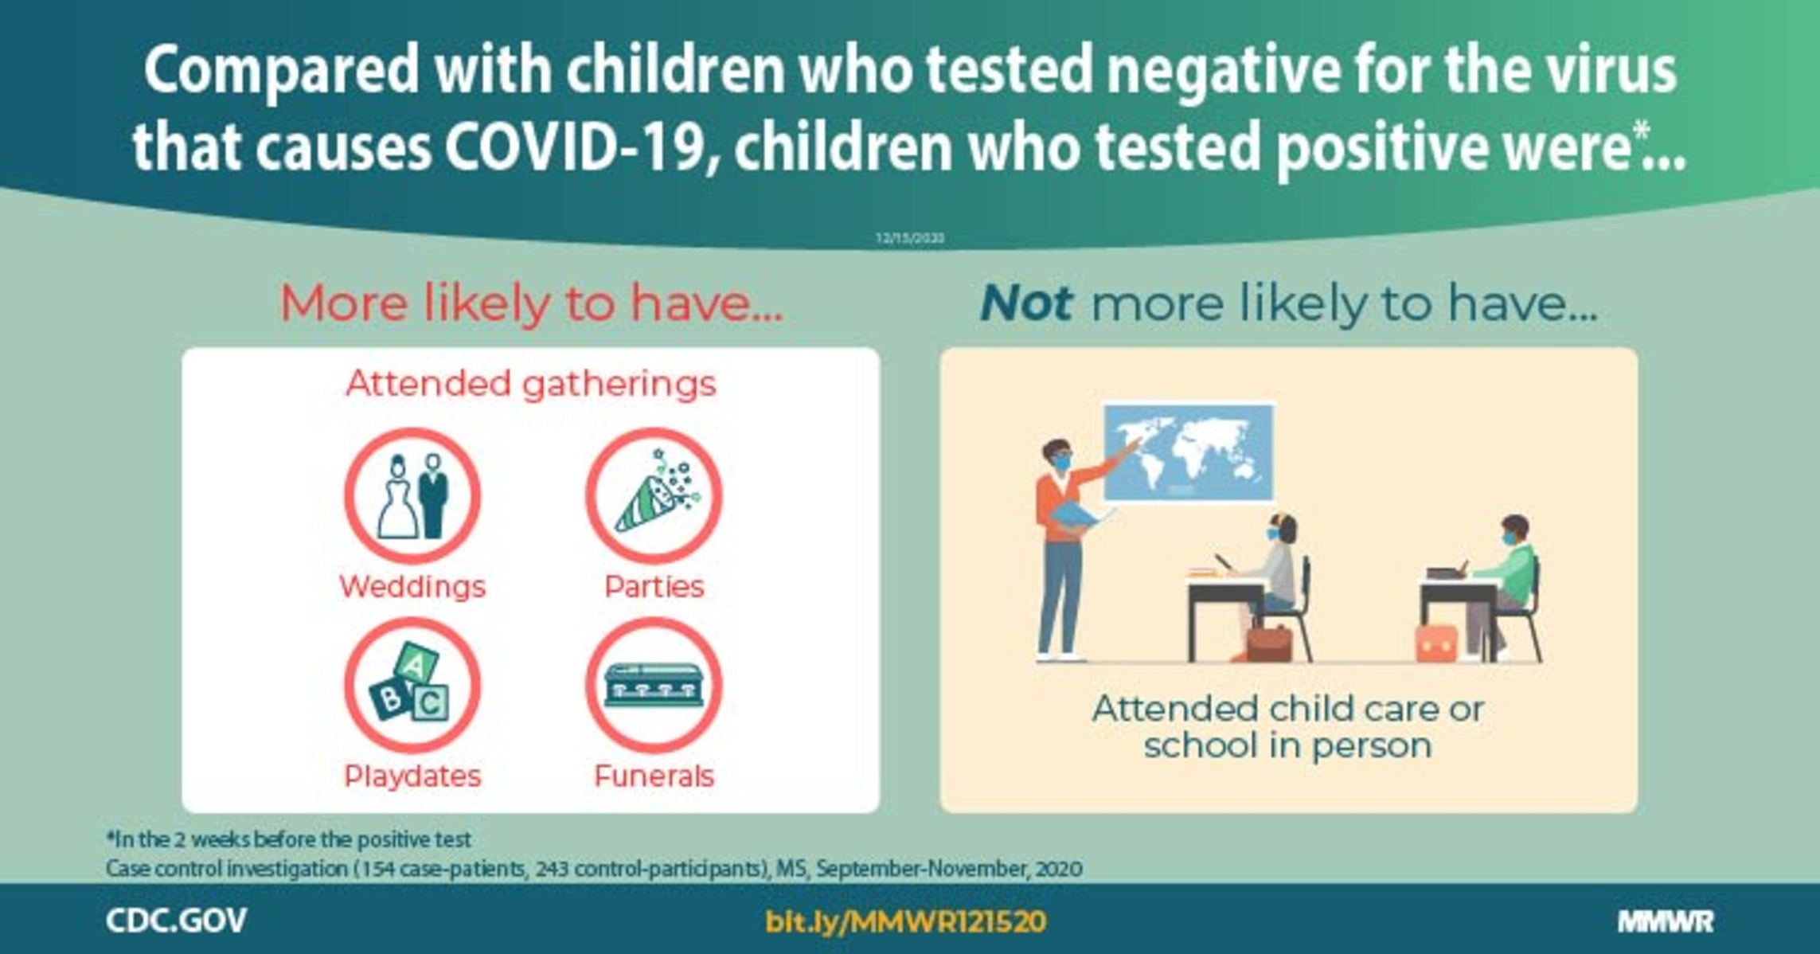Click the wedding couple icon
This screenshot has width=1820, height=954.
[412, 495]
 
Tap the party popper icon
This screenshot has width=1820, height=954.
[654, 495]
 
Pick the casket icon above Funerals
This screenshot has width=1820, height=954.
[654, 685]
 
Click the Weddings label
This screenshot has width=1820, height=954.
[412, 587]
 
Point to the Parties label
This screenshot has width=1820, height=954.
[654, 587]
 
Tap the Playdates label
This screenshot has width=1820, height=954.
[412, 776]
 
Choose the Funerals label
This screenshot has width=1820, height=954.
[654, 776]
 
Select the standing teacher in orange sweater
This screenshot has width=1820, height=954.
[1063, 549]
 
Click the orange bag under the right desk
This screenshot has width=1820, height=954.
[1435, 643]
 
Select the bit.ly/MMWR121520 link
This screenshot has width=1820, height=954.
[905, 921]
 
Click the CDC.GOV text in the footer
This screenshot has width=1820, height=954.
[176, 921]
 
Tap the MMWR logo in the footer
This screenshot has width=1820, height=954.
[1666, 921]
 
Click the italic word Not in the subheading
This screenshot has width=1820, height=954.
[1026, 303]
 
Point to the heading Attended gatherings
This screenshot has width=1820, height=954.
[530, 384]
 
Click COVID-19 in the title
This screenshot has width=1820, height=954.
[575, 147]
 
